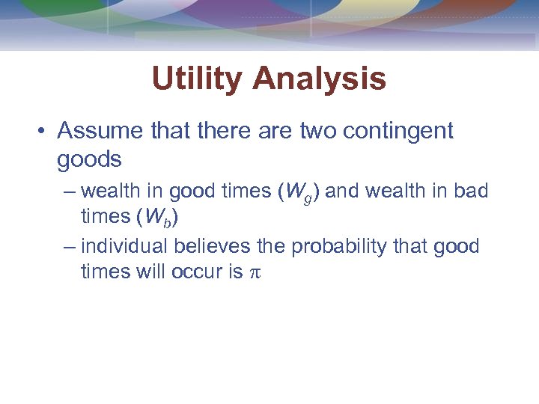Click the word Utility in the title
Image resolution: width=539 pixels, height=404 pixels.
[197, 79]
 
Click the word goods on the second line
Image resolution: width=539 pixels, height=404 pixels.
[89, 160]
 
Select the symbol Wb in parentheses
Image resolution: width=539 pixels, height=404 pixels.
[162, 218]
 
